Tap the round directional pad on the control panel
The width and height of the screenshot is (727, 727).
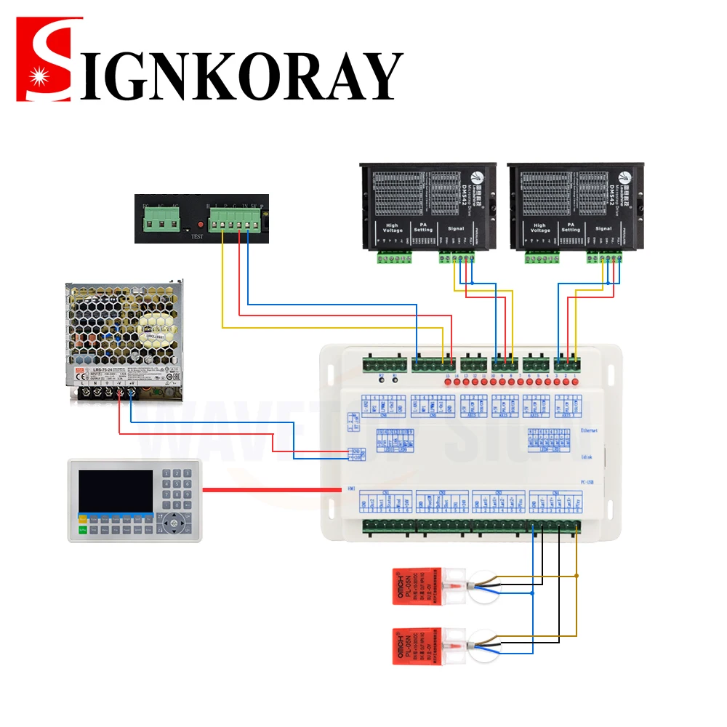click(174, 521)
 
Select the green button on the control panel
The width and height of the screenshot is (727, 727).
click(83, 531)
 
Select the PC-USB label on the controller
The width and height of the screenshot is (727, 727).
click(588, 481)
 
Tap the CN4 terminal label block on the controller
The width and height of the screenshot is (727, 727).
click(555, 502)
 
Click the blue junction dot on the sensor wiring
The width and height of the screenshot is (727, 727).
click(532, 593)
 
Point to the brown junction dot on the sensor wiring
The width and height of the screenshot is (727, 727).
click(577, 575)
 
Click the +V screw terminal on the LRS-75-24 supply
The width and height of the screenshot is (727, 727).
click(132, 393)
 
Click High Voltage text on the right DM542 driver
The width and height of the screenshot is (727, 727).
click(539, 228)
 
